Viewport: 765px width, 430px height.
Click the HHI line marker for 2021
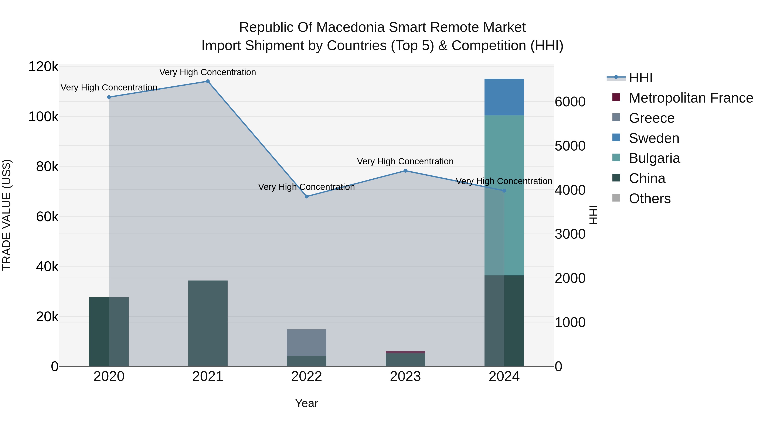pyautogui.click(x=208, y=81)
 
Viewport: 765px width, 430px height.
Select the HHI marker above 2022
pyautogui.click(x=306, y=196)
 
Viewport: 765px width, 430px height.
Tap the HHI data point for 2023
pyautogui.click(x=405, y=171)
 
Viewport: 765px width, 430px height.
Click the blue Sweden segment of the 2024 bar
pyautogui.click(x=504, y=97)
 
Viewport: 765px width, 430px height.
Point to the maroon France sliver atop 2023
pyautogui.click(x=405, y=352)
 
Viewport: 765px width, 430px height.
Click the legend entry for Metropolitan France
pyautogui.click(x=691, y=98)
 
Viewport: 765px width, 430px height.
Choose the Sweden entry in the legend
pyautogui.click(x=654, y=138)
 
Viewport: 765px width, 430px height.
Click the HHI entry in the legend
pyautogui.click(x=640, y=78)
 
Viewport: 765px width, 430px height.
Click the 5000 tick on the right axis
pyautogui.click(x=570, y=146)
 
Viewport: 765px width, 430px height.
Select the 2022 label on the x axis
pyautogui.click(x=306, y=376)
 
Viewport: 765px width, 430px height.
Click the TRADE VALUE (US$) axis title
pyautogui.click(x=7, y=215)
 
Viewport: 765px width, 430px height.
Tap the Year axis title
pyautogui.click(x=306, y=403)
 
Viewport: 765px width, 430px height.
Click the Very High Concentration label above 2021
pyautogui.click(x=208, y=72)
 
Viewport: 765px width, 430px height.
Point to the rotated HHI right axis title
pyautogui.click(x=593, y=215)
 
